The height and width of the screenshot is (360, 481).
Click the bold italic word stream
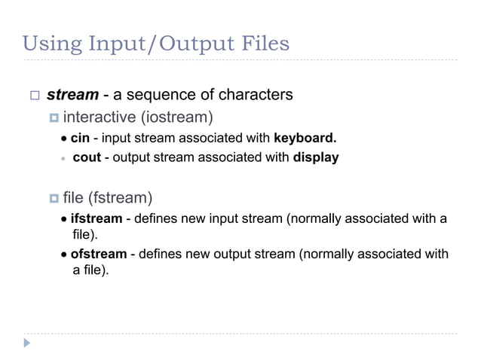(x=72, y=96)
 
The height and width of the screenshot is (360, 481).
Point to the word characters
(x=255, y=96)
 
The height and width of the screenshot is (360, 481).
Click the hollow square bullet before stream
(x=34, y=96)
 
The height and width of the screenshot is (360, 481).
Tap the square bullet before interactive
(x=54, y=117)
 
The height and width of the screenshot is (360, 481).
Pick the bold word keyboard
(x=305, y=139)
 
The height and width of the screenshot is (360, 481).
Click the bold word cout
(x=87, y=158)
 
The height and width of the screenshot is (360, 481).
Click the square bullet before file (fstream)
(x=54, y=199)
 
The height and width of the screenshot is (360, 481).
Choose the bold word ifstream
(x=96, y=219)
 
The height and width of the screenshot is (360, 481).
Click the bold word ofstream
(x=98, y=254)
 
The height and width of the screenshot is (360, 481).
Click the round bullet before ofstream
(x=65, y=255)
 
